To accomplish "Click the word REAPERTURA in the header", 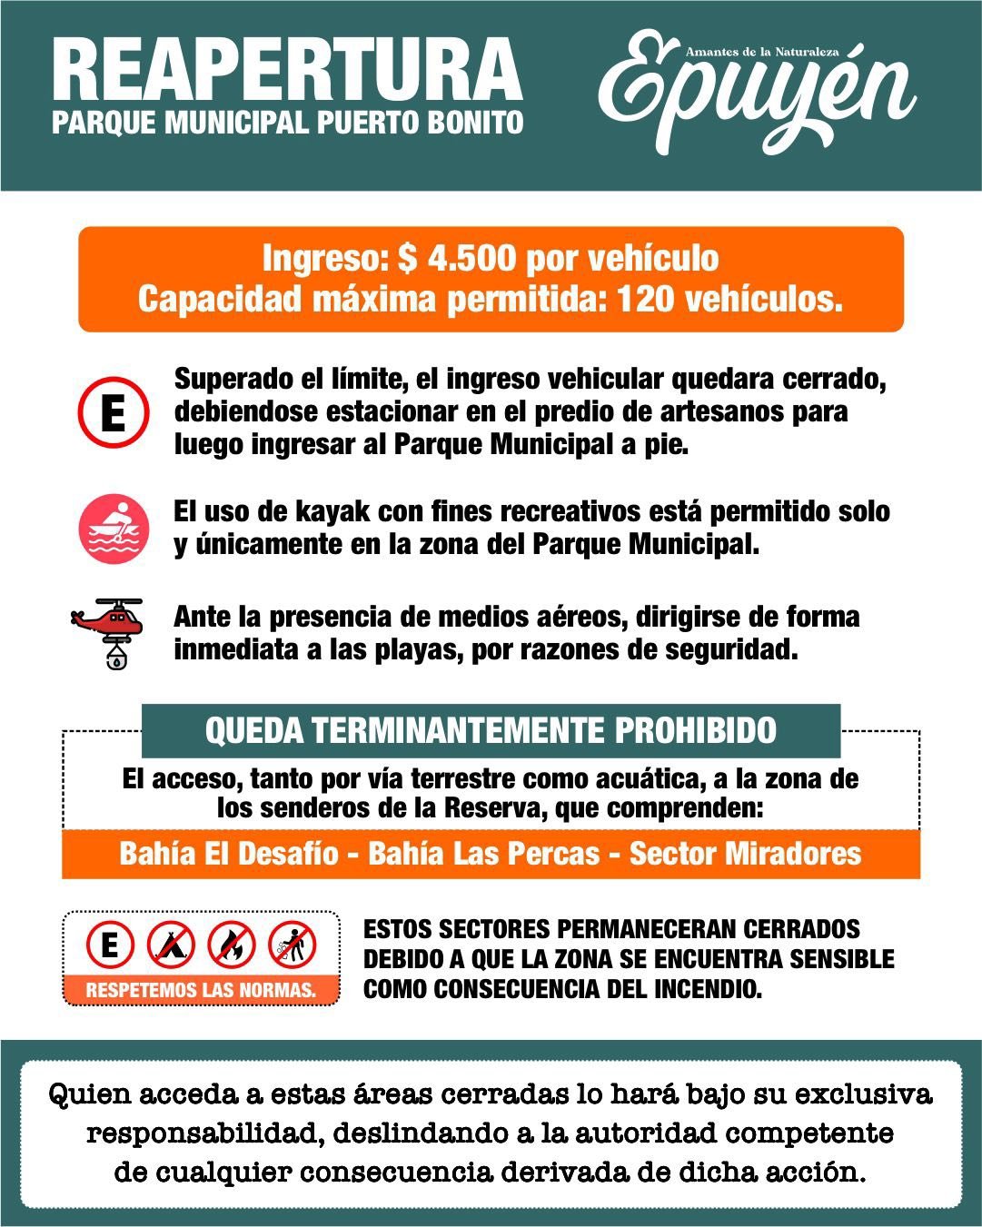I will pos(287,71).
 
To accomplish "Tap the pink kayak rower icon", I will pos(113,529).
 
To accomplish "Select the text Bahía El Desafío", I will pos(229,854).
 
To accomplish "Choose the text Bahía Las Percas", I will pos(484,854).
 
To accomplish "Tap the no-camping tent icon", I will pos(172,945).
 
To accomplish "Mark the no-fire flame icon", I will pos(232,945).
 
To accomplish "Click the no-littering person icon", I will pos(293,945).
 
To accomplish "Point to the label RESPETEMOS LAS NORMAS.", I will pos(201,989).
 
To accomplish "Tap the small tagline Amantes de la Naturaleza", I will pos(761,53).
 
